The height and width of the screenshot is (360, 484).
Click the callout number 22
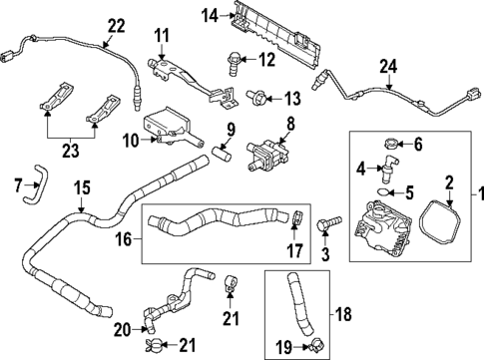click(x=117, y=25)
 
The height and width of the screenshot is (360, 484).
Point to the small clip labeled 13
click(x=256, y=98)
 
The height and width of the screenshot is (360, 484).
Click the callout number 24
click(x=387, y=69)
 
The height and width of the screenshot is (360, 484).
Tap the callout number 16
click(x=124, y=241)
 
